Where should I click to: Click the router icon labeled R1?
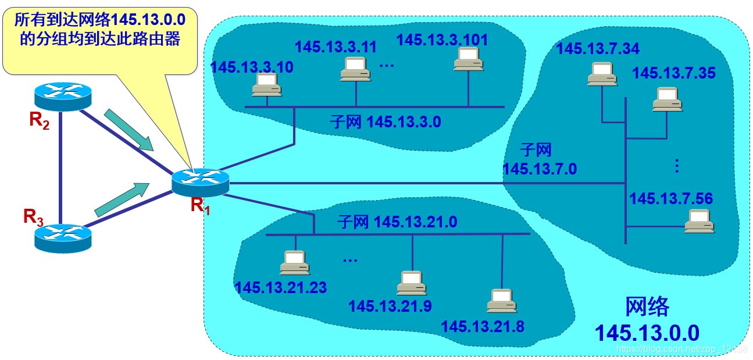tap(201, 182)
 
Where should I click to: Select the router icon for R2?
tap(63, 96)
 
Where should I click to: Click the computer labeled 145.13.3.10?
tap(267, 85)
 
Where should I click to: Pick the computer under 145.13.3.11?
tap(355, 69)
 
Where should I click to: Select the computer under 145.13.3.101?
tap(468, 59)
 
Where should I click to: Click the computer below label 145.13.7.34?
tap(602, 74)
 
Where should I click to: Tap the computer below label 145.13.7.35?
tap(667, 99)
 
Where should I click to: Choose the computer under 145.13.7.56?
tap(699, 221)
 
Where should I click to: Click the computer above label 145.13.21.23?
tap(294, 263)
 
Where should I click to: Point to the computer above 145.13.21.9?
tap(412, 283)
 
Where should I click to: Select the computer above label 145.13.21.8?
tap(502, 301)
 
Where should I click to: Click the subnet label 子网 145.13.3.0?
tap(385, 122)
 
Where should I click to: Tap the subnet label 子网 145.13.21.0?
tap(397, 222)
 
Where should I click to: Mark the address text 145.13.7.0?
tap(539, 169)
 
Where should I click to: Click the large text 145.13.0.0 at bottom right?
tap(647, 333)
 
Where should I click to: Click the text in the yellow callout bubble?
tap(99, 31)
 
